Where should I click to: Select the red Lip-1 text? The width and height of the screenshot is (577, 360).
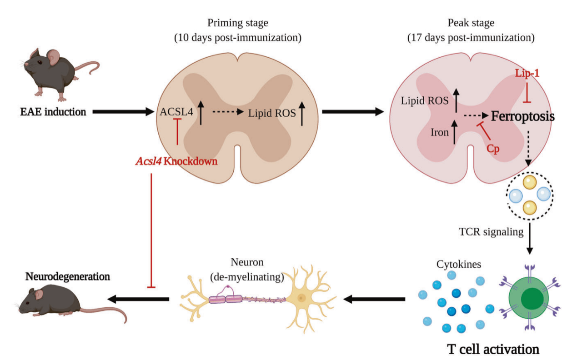(x=527, y=73)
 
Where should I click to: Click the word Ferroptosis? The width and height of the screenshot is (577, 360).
(x=523, y=117)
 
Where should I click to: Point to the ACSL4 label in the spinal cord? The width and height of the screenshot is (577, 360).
(x=176, y=112)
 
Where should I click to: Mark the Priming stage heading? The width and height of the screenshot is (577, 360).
(x=238, y=23)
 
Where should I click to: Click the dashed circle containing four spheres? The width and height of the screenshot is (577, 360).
(x=528, y=195)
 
